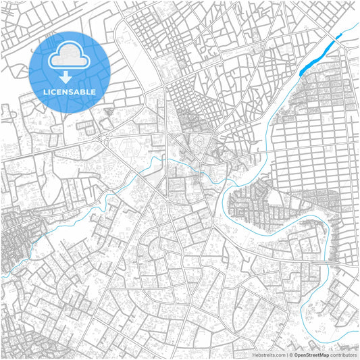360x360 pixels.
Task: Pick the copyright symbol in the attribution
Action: pos(291,355)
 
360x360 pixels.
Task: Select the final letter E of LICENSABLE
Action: pos(93,91)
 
